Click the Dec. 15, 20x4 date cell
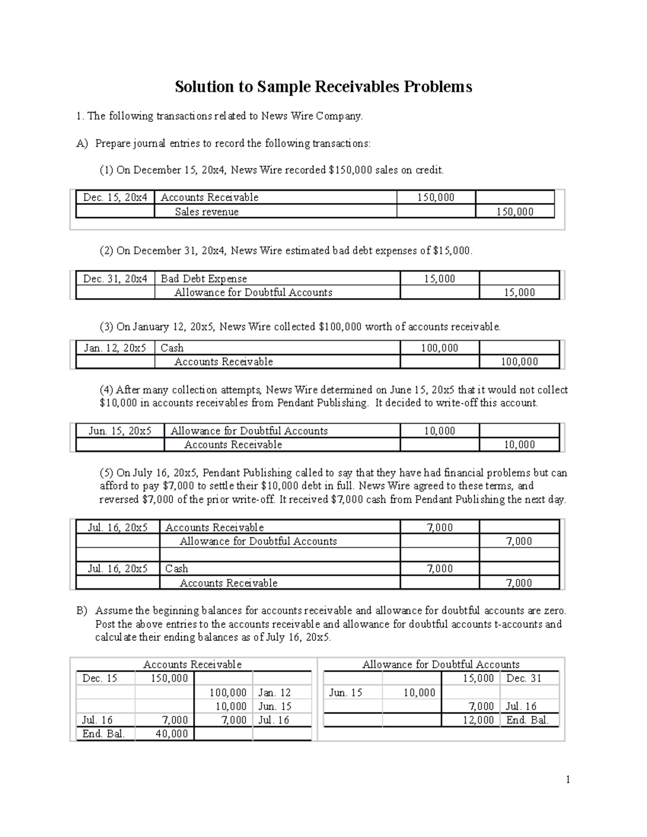[115, 197]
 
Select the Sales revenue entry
[207, 212]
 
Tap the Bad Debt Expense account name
[204, 279]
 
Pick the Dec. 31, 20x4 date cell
[115, 279]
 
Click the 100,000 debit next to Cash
[439, 348]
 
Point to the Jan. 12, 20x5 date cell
[115, 348]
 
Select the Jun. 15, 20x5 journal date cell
[120, 431]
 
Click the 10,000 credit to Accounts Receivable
[519, 445]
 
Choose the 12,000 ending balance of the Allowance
[478, 720]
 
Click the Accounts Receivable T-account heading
[192, 665]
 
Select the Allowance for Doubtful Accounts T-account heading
[440, 665]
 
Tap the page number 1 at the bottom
[568, 779]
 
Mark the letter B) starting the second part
[81, 611]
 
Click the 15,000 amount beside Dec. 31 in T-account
[478, 679]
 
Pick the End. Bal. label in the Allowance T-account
[527, 720]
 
